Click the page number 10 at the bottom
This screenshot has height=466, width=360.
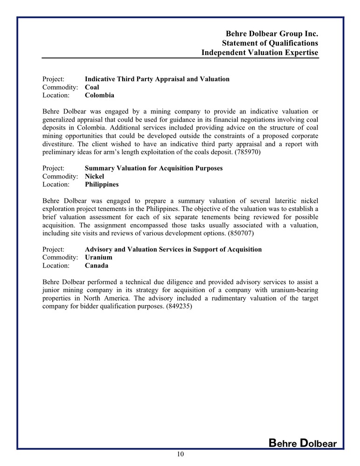point(180,454)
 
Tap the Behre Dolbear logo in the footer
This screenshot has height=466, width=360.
point(303,443)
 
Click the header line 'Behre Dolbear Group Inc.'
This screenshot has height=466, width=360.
point(272,34)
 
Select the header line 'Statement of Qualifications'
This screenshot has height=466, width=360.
point(270,43)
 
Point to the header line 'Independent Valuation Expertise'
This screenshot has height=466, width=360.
point(260,53)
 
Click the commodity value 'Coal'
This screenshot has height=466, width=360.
point(92,87)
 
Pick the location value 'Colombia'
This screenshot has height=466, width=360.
point(99,96)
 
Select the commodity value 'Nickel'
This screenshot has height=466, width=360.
point(94,176)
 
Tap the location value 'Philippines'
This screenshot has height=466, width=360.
point(102,185)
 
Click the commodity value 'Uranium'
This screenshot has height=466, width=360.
point(98,257)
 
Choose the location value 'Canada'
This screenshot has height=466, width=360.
point(97,266)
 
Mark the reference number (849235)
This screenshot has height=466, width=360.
point(179,307)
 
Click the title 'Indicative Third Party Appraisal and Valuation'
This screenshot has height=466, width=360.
point(157,79)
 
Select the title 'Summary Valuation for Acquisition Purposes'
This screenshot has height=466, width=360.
point(153,168)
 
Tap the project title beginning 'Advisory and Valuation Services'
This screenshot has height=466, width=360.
point(173,249)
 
